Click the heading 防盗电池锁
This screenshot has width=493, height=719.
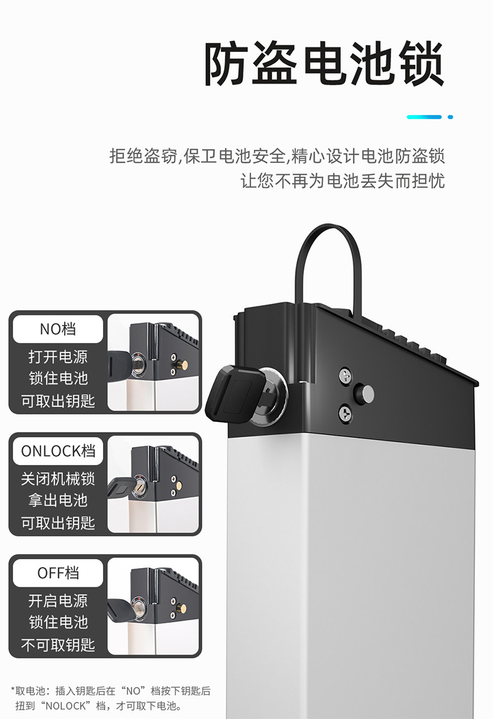[x=324, y=65]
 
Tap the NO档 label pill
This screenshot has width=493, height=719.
[x=58, y=329]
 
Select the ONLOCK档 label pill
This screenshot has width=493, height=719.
[x=58, y=451]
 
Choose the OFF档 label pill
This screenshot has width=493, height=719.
[x=58, y=572]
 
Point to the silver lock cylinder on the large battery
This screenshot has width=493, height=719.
[x=273, y=387]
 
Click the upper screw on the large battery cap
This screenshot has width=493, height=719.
[x=344, y=376]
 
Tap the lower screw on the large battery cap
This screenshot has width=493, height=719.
[x=344, y=412]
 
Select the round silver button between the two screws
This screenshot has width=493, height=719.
[x=364, y=393]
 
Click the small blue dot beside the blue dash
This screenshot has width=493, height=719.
[x=451, y=117]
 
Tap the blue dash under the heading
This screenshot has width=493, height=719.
[x=424, y=117]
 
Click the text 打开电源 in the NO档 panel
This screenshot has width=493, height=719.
[x=58, y=357]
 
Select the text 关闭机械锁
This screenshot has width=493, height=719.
[x=58, y=479]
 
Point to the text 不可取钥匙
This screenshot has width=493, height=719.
[x=58, y=644]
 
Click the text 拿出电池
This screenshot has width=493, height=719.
[x=58, y=501]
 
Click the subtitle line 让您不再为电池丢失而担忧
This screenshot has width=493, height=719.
[x=343, y=181]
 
